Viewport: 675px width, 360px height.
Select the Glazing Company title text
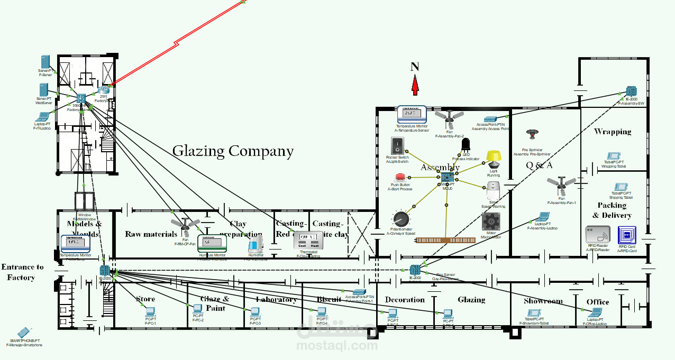[233, 151]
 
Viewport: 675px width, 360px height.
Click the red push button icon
[400, 177]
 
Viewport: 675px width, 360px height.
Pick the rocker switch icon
[397, 145]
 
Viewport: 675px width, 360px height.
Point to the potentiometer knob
[400, 219]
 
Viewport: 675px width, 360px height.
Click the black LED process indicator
[466, 144]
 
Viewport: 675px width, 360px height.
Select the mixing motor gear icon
[491, 223]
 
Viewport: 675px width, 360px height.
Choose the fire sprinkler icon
[532, 135]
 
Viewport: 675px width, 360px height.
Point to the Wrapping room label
[613, 132]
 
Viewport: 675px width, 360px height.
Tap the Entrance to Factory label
[22, 272]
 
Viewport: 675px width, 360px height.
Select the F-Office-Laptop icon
[597, 313]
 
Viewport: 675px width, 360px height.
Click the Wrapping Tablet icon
[613, 156]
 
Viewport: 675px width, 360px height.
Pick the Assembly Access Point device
[490, 119]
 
